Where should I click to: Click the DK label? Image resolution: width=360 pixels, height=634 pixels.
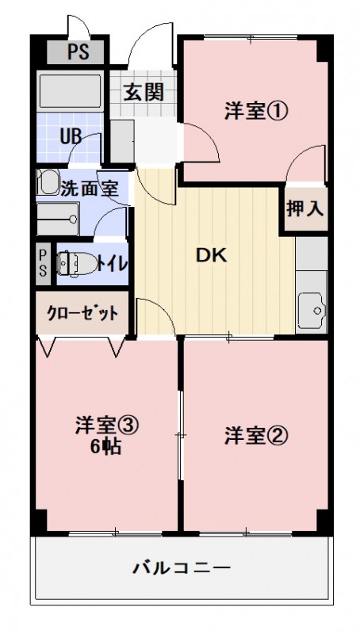(x=212, y=255)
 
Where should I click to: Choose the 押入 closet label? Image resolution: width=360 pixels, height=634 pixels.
(x=304, y=209)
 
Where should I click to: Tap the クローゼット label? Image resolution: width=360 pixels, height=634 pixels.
(x=82, y=313)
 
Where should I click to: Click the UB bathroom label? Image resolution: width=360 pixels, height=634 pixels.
(x=71, y=135)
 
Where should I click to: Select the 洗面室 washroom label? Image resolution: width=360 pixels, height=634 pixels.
(x=89, y=189)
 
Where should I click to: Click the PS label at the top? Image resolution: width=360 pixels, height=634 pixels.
(x=77, y=54)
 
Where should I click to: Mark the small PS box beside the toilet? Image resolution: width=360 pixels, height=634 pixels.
(x=43, y=262)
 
